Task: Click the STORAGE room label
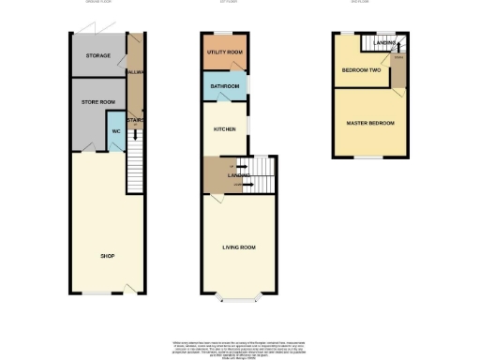point(97,56)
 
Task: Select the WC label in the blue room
point(116,131)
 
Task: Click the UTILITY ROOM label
point(225,52)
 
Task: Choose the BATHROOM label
point(225,87)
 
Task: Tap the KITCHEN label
point(224,129)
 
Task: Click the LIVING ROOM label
point(239,247)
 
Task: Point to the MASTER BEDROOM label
point(369,123)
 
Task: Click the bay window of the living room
point(240,302)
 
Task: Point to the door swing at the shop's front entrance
point(130,286)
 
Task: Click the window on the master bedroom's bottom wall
point(368,156)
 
